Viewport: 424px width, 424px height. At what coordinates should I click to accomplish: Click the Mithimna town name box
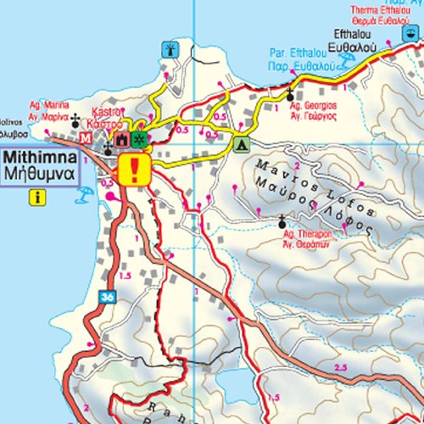pyautogui.click(x=40, y=167)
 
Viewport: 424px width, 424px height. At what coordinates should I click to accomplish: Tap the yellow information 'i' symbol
pyautogui.click(x=36, y=198)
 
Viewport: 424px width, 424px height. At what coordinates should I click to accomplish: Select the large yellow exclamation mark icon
pyautogui.click(x=134, y=170)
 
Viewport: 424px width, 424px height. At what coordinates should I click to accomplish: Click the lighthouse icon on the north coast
pyautogui.click(x=170, y=49)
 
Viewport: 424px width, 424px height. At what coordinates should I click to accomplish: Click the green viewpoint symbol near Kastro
pyautogui.click(x=138, y=138)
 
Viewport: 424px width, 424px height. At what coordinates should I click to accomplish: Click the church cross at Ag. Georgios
pyautogui.click(x=291, y=94)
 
